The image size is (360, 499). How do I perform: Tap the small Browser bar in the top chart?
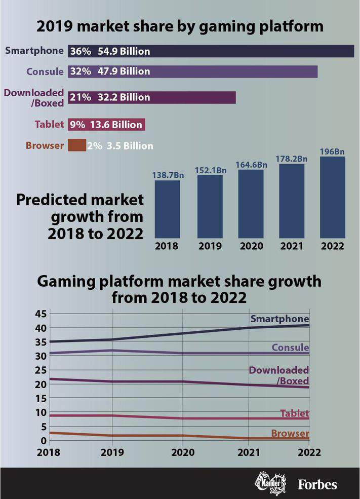pos(77,145)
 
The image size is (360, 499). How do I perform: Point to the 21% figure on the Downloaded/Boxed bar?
pos(81,97)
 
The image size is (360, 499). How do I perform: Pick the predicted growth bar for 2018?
pos(167,209)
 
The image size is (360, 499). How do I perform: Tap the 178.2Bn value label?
pos(292,159)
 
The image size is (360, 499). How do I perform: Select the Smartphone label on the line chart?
pos(279,319)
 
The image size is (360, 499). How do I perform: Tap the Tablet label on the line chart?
pos(294,413)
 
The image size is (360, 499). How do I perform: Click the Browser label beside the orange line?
pos(290,433)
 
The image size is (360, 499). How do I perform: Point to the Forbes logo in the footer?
pos(316,484)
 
